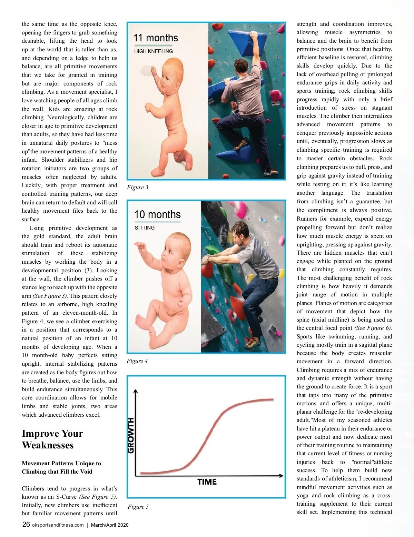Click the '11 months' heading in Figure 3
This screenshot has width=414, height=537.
pyautogui.click(x=156, y=38)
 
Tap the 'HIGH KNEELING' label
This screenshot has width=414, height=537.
pyautogui.click(x=154, y=51)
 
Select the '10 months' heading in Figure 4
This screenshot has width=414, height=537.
pyautogui.click(x=157, y=214)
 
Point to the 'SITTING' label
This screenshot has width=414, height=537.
pyautogui.click(x=145, y=228)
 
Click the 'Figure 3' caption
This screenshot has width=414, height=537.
pyautogui.click(x=137, y=187)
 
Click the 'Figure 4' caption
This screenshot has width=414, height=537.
pyautogui.click(x=137, y=361)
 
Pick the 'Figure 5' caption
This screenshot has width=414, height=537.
pyautogui.click(x=138, y=507)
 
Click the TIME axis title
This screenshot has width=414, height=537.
pyautogui.click(x=207, y=482)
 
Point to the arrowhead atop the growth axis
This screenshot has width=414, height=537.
pyautogui.click(x=136, y=391)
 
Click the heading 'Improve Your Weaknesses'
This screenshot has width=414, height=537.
pyautogui.click(x=52, y=439)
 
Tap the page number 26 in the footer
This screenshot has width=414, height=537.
pyautogui.click(x=26, y=525)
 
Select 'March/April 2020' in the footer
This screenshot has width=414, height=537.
pyautogui.click(x=110, y=525)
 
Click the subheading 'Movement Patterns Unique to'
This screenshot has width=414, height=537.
pyautogui.click(x=61, y=463)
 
